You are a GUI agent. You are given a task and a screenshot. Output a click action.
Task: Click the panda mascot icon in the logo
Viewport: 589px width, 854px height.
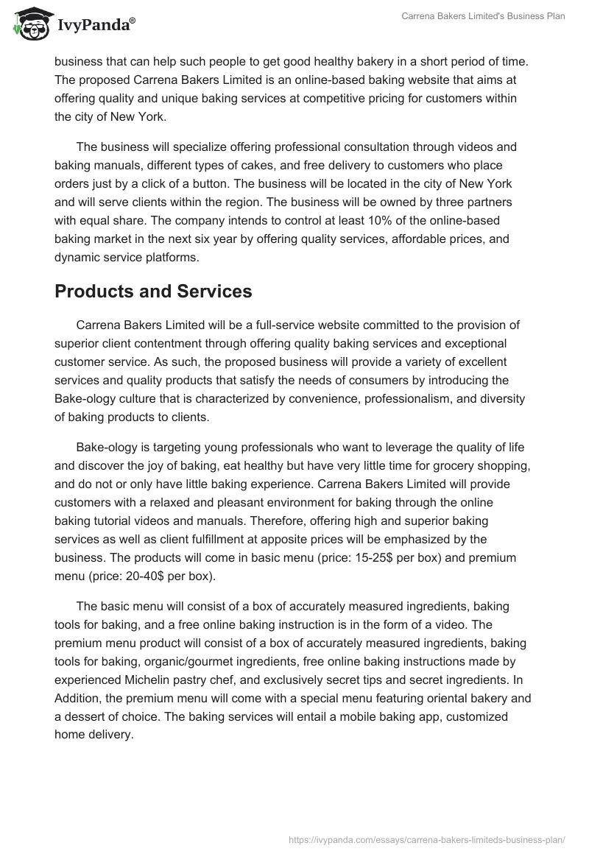[x=29, y=26]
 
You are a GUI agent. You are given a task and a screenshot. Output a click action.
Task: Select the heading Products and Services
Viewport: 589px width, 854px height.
[x=153, y=291]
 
